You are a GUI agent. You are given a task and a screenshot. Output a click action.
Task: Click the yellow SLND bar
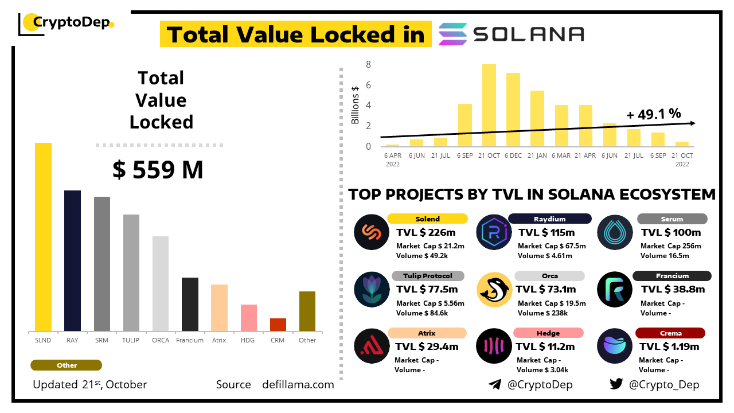[43, 236]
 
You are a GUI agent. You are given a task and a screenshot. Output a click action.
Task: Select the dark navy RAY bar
[72, 260]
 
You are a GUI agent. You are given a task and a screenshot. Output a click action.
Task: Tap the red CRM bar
[278, 325]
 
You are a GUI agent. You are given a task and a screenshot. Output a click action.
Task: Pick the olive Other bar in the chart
[307, 311]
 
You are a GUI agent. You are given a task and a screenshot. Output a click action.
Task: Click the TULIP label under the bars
[131, 340]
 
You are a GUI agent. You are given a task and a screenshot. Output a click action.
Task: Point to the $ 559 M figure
[158, 170]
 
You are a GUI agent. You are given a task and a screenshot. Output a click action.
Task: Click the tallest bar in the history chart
[489, 105]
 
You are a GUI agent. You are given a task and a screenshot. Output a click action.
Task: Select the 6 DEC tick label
[513, 155]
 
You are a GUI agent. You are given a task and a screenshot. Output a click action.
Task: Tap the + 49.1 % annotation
[654, 114]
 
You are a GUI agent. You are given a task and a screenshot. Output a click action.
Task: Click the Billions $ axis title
[356, 104]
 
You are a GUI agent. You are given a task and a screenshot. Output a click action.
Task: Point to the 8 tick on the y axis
[369, 65]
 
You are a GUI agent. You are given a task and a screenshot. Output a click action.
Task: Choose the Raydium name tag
[549, 219]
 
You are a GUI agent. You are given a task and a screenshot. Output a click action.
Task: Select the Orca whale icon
[494, 290]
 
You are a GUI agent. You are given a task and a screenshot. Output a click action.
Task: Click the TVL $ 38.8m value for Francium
[672, 290]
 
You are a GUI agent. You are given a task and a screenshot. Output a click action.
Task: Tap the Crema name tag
[670, 333]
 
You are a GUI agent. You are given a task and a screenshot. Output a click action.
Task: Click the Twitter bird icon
[616, 384]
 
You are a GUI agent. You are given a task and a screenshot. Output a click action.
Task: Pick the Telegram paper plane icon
[495, 384]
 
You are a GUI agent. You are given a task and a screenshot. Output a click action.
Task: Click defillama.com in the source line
[298, 384]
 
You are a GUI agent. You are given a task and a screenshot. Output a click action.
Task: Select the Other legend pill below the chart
[67, 365]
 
